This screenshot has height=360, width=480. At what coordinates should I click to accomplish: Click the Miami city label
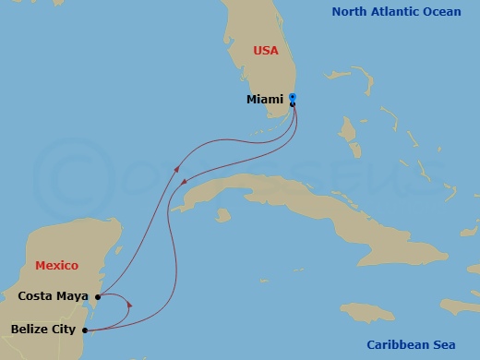tap(266, 99)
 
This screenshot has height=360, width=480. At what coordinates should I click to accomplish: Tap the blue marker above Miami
tap(292, 96)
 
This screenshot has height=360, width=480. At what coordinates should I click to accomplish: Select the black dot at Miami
tap(293, 104)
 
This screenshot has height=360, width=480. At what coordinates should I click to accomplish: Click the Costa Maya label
tap(54, 296)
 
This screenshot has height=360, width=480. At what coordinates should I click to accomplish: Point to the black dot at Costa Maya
tap(97, 297)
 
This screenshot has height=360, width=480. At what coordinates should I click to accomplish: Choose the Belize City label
tap(43, 328)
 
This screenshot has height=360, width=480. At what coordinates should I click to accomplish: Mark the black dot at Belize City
tap(85, 330)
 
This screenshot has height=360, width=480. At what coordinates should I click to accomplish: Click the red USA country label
tap(266, 51)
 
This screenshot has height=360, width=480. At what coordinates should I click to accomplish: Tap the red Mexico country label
tap(55, 266)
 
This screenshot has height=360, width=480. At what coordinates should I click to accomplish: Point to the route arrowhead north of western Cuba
tap(186, 181)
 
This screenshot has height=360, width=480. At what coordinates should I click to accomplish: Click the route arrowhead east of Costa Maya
tap(129, 305)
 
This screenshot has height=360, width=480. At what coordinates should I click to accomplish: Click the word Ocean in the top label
tap(450, 12)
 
